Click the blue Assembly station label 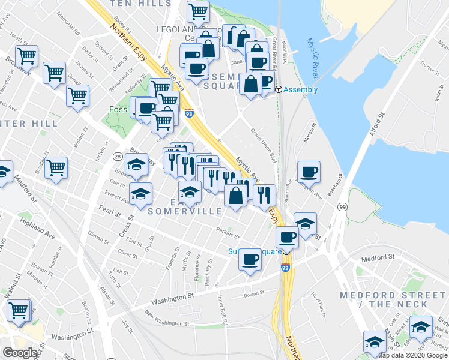pos(301,90)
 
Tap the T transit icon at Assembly pos(279,90)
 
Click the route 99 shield pos(342,206)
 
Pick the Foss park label pos(118,110)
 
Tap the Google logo pos(20,353)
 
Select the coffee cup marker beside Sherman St pos(309,172)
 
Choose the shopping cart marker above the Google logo pos(19,310)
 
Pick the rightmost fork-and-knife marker pos(264,194)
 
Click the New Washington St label pos(166,319)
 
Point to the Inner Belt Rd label pos(223,310)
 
